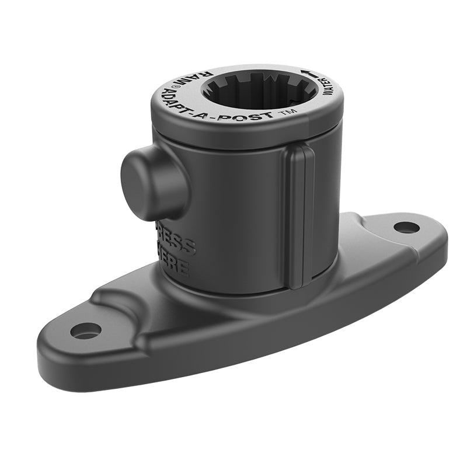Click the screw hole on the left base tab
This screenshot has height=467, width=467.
85,331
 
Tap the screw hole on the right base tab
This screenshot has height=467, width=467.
406,226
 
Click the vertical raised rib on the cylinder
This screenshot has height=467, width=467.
300,216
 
